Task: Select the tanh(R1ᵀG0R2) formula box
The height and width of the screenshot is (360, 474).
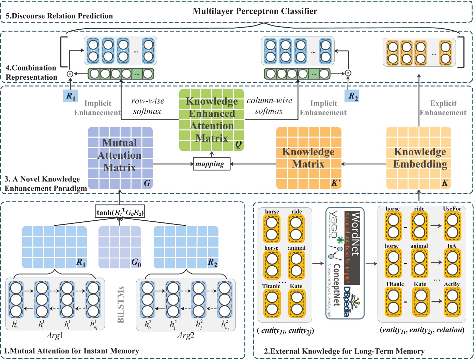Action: point(120,212)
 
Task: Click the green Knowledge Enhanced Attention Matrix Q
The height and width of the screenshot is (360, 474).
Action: point(212,120)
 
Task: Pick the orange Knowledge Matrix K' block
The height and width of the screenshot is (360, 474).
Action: point(308,158)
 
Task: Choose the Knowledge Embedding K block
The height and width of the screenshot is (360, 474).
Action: point(419,158)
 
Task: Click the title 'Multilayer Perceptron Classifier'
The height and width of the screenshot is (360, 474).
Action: point(255,11)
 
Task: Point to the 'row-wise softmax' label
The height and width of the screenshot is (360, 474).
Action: point(148,106)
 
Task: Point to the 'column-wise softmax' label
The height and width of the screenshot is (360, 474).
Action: point(269,106)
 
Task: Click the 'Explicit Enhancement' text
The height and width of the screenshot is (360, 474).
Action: point(443,108)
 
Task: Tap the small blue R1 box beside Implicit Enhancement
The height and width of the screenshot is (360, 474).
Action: point(71,96)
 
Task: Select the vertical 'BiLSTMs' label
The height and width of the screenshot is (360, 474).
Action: point(121,304)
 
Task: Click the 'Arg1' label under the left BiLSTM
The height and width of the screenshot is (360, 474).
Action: point(55,335)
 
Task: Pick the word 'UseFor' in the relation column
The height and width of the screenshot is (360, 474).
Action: point(452,209)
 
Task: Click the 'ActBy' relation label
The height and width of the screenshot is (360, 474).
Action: point(452,284)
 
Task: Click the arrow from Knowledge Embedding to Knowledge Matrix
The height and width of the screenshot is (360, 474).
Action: point(364,164)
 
